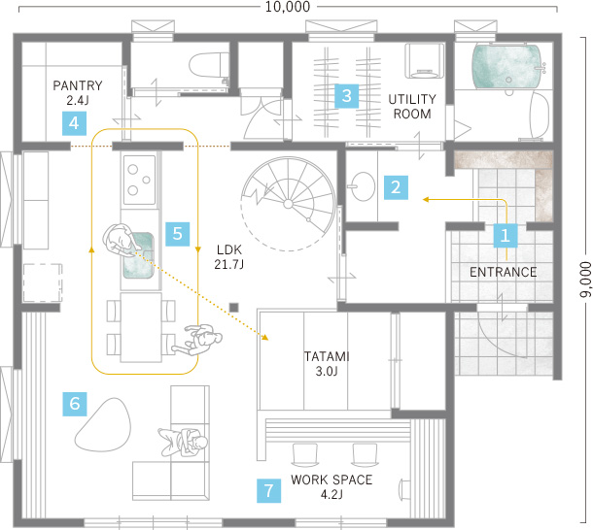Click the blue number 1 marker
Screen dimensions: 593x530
(506, 236)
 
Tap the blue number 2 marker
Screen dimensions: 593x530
(396, 187)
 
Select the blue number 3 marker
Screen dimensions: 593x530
(346, 95)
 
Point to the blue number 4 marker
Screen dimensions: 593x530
(74, 123)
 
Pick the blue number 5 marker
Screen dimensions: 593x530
(177, 234)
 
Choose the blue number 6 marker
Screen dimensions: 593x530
(75, 404)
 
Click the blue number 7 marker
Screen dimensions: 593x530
(268, 491)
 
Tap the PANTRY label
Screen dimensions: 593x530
(78, 85)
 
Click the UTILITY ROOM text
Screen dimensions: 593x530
(412, 107)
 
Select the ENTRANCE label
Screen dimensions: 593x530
(503, 272)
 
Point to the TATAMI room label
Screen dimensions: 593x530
(327, 356)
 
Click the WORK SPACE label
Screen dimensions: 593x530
(331, 480)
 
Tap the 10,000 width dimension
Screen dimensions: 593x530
(288, 7)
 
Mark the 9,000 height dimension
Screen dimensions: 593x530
(585, 280)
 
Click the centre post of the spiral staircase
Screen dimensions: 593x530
(288, 204)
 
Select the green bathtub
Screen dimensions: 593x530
(506, 67)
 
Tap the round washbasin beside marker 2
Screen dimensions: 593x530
(362, 186)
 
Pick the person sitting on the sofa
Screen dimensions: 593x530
(184, 443)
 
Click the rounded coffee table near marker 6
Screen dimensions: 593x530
(103, 425)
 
